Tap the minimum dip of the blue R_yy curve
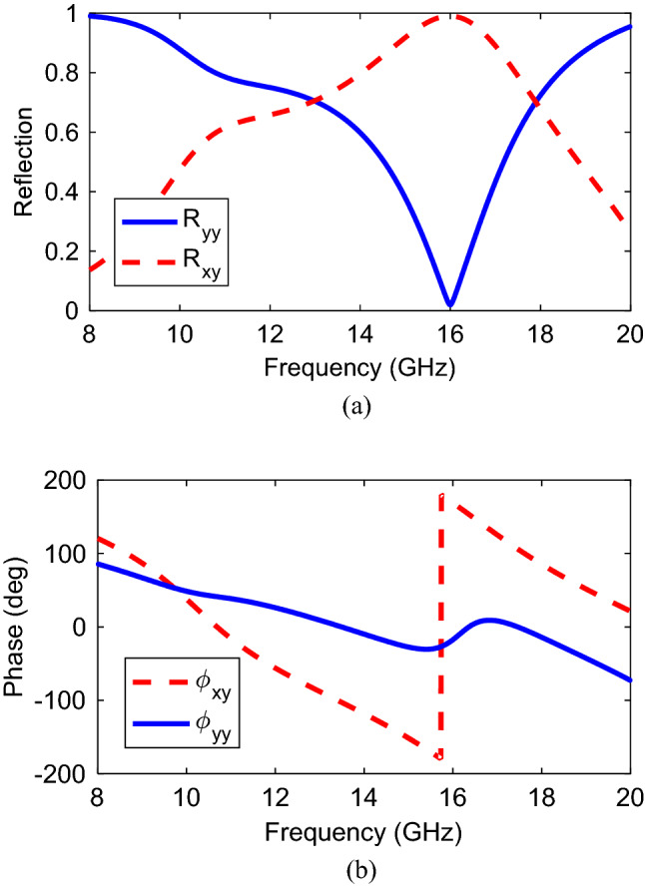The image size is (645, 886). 450,304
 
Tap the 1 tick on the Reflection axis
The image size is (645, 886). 74,14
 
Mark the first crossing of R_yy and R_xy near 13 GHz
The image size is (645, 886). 316,100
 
